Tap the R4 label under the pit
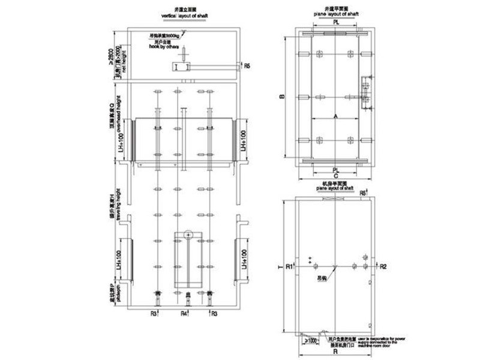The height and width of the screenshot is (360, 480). click(x=185, y=313)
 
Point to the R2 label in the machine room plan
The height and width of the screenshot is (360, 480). click(x=383, y=265)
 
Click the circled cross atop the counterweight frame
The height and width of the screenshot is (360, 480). click(x=187, y=234)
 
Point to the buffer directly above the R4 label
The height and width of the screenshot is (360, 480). click(x=185, y=298)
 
